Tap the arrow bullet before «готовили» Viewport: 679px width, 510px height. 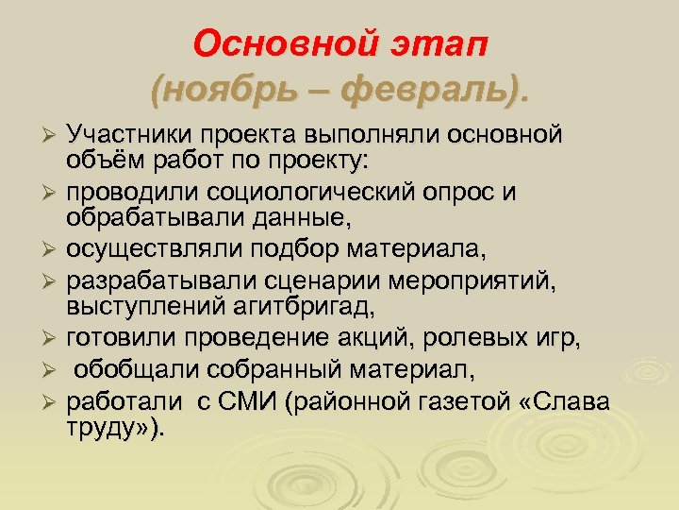click(x=54, y=339)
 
